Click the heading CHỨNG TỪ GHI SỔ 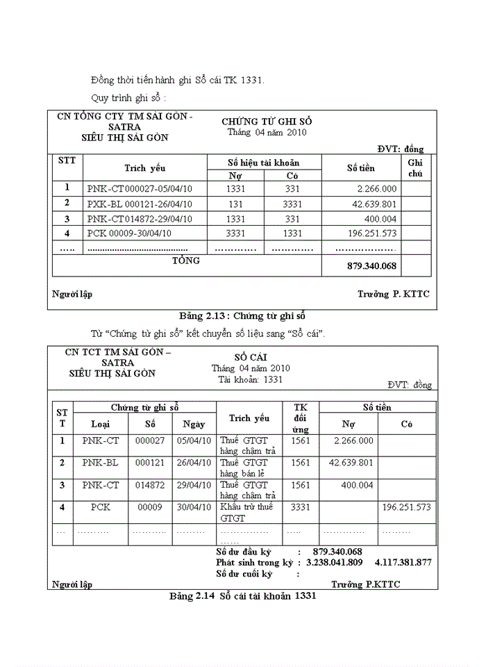point(267,121)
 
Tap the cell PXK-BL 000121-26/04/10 point(140,204)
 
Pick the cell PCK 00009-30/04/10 point(129,233)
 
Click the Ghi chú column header point(415,167)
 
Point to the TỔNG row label point(185,261)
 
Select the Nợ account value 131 point(235,204)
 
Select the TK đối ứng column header point(300,418)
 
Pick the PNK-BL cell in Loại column point(100,462)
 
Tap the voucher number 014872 point(149,485)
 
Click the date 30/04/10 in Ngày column point(193,507)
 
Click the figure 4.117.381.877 point(403,562)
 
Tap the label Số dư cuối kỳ point(244,574)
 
